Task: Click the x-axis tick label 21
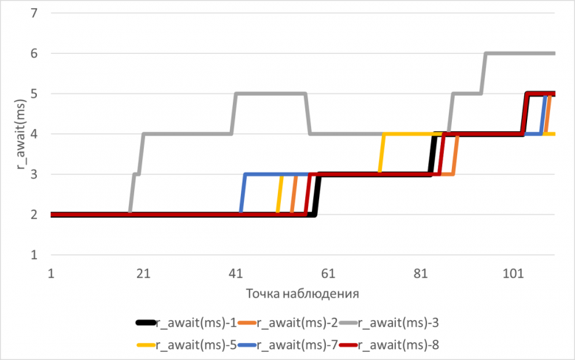[144, 274]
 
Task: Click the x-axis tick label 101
[513, 274]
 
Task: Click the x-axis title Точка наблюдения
[303, 293]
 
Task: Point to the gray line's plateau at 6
[520, 53]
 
